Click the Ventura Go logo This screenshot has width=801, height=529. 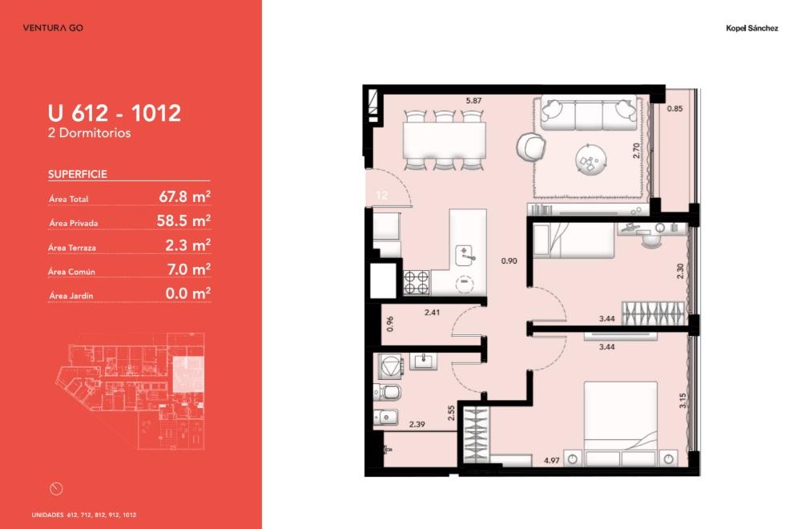click(53, 27)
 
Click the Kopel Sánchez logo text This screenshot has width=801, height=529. click(752, 28)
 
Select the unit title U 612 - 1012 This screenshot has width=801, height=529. click(115, 113)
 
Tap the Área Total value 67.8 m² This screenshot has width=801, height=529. click(185, 196)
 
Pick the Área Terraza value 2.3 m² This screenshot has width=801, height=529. click(188, 244)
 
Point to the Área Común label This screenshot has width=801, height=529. click(71, 272)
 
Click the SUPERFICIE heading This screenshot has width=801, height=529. click(78, 174)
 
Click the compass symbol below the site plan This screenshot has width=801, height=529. click(56, 489)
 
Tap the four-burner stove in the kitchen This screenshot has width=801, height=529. click(417, 283)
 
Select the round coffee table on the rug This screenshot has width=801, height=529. click(591, 160)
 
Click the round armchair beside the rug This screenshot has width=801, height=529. click(531, 146)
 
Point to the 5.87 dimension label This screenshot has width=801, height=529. click(473, 101)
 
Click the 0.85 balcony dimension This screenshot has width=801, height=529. click(674, 108)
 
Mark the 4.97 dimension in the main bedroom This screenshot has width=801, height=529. click(552, 461)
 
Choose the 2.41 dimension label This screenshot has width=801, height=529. click(433, 313)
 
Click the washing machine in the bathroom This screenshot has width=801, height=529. click(391, 366)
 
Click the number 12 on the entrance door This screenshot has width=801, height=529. click(381, 196)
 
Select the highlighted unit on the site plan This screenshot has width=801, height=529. click(188, 374)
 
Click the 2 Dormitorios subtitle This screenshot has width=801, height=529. click(90, 133)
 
